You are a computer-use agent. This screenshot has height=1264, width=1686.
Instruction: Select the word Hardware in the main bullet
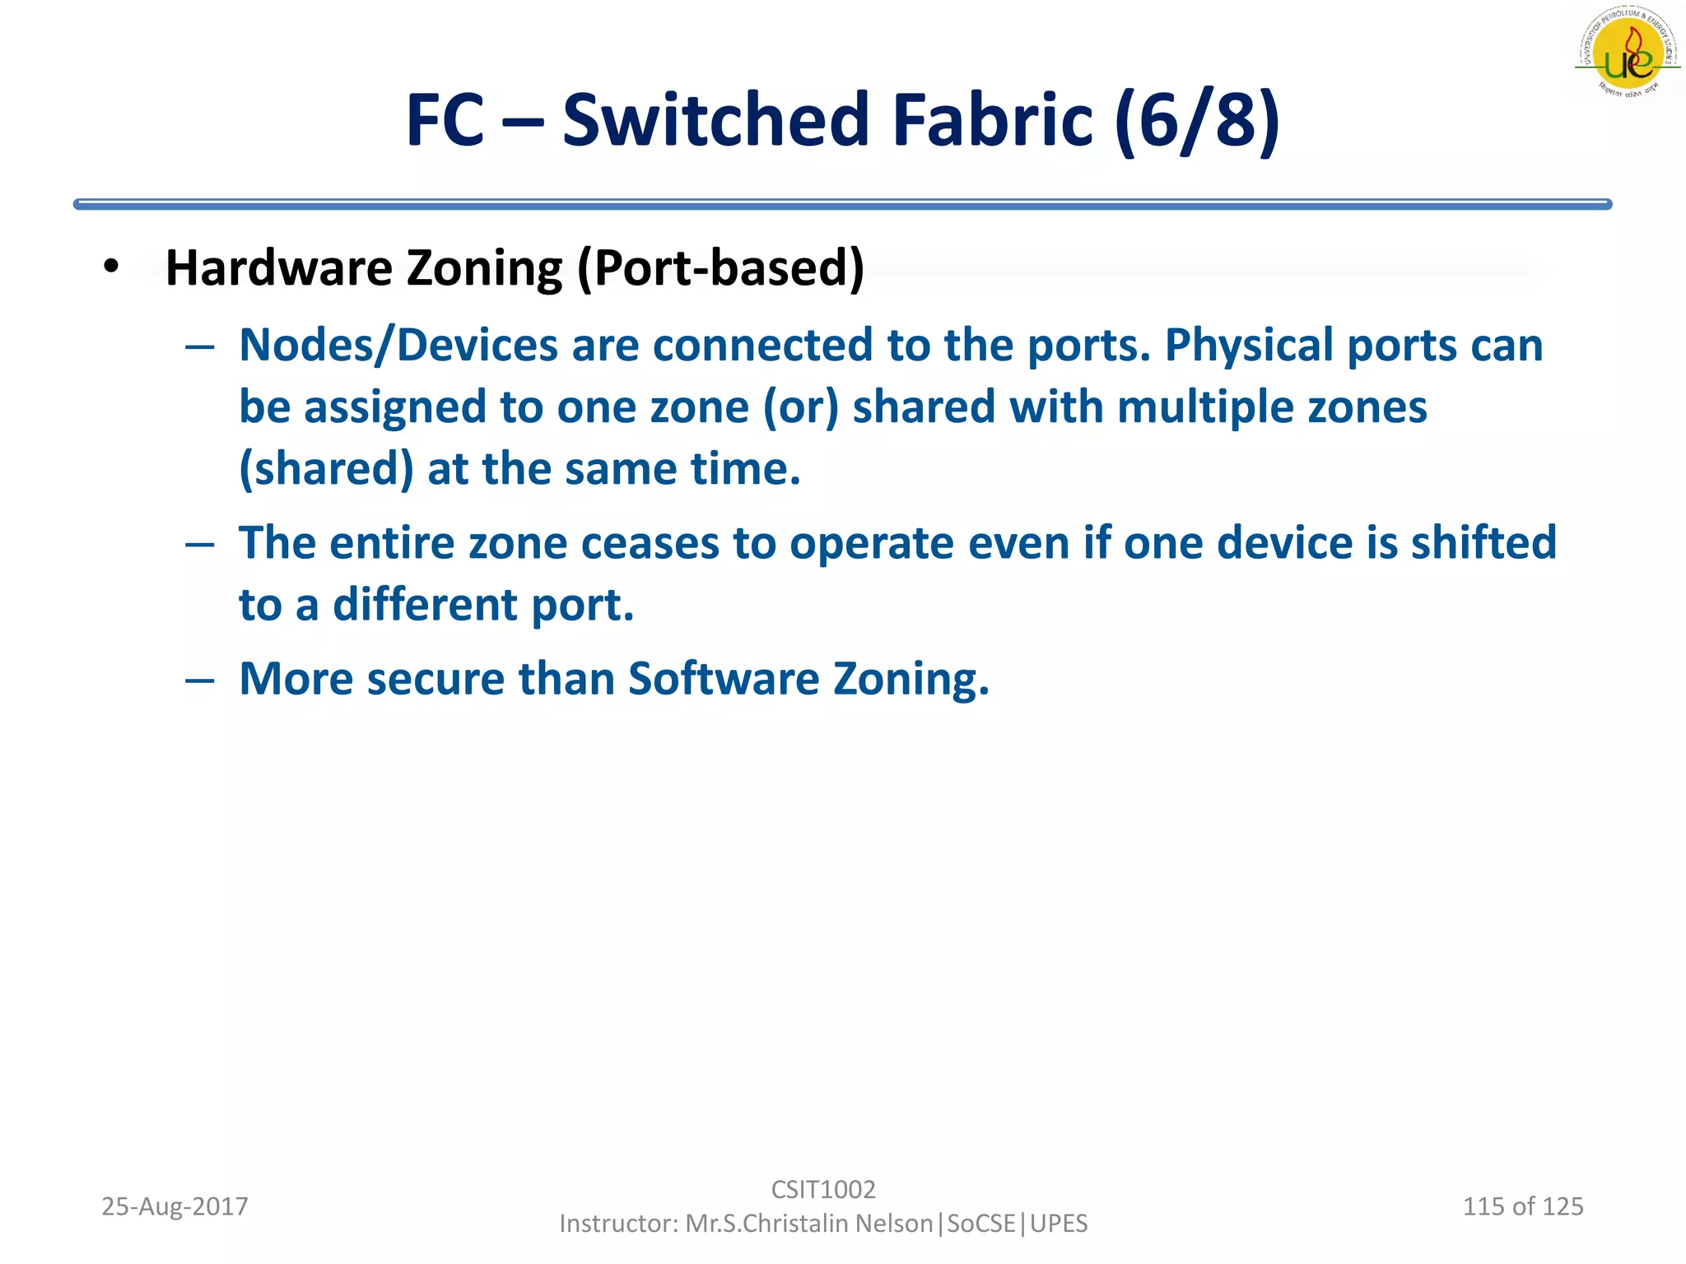click(279, 268)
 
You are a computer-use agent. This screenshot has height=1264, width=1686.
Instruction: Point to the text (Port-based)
click(720, 268)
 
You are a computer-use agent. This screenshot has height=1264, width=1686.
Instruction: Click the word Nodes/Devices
click(398, 345)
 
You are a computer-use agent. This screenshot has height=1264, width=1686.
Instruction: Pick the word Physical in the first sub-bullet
click(1249, 345)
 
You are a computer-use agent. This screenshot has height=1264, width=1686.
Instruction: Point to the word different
click(425, 605)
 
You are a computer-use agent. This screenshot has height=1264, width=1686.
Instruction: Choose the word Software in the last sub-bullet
click(724, 679)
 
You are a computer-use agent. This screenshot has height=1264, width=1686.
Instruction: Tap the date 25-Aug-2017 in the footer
click(175, 1206)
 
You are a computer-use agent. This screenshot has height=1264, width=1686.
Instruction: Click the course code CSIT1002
click(823, 1189)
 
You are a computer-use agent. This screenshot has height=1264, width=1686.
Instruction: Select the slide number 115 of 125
click(1522, 1206)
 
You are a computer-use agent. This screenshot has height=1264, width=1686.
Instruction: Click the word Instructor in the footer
click(617, 1224)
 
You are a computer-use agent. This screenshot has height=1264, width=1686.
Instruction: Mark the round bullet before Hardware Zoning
click(112, 267)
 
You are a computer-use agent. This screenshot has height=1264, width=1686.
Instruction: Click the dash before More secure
click(200, 681)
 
